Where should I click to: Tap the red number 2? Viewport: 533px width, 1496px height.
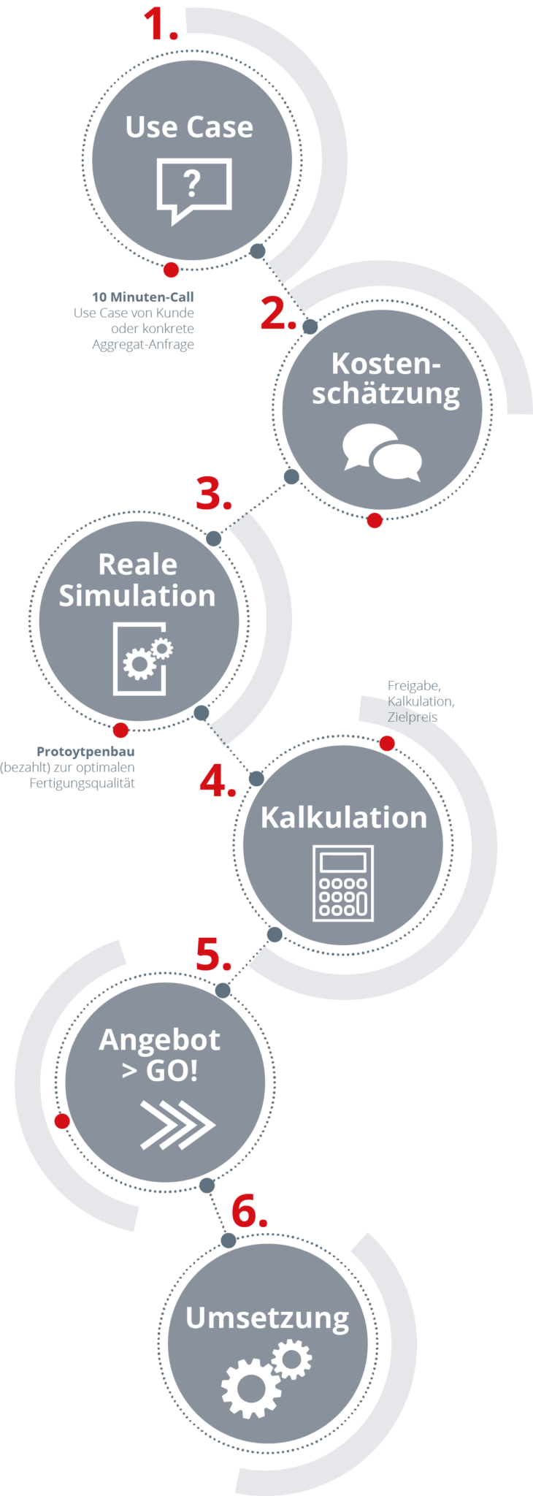click(x=277, y=313)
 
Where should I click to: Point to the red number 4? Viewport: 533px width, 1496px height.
click(x=217, y=781)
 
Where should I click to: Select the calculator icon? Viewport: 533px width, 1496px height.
click(x=343, y=883)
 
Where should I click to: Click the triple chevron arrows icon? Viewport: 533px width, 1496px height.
click(x=177, y=1124)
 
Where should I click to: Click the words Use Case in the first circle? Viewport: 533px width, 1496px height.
click(x=189, y=127)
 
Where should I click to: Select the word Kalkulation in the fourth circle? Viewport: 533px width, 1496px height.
click(x=343, y=817)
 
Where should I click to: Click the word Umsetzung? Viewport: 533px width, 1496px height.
click(x=267, y=1318)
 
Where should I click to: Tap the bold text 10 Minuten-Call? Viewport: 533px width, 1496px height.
click(x=143, y=297)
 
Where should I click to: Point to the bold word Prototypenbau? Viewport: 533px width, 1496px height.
click(x=85, y=752)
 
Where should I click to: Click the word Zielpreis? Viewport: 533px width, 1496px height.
click(x=413, y=717)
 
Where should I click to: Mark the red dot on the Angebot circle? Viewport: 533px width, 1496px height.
click(x=63, y=1121)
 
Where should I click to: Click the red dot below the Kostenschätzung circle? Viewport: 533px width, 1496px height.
click(x=375, y=521)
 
